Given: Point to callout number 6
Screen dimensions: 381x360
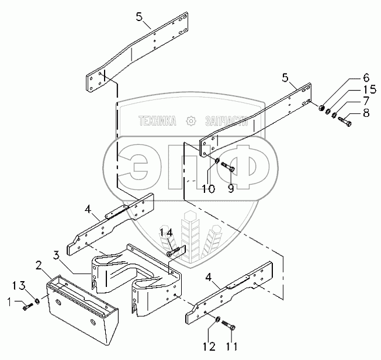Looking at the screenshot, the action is click(x=366, y=77).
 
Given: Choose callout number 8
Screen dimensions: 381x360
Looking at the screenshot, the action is click(x=366, y=114).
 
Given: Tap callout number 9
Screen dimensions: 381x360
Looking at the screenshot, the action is click(x=230, y=188).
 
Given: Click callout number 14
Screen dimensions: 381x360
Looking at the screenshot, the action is click(x=169, y=233).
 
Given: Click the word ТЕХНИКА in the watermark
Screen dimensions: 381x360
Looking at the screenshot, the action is click(x=157, y=122).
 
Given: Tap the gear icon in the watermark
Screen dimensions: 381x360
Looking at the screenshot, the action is click(x=190, y=122).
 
